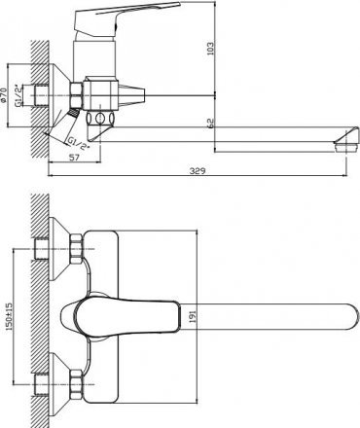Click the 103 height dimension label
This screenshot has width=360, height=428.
tap(210, 49)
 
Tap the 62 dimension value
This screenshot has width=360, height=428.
tap(210, 123)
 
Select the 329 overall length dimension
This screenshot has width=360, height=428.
tap(198, 170)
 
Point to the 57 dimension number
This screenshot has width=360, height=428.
tap(74, 158)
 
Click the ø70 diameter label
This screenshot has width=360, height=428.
tap(4, 95)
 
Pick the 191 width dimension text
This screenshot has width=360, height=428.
tap(192, 316)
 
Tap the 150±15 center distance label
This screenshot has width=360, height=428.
tap(9, 316)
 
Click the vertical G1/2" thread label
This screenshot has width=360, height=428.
tap(18, 95)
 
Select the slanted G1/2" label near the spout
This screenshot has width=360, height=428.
tap(78, 144)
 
